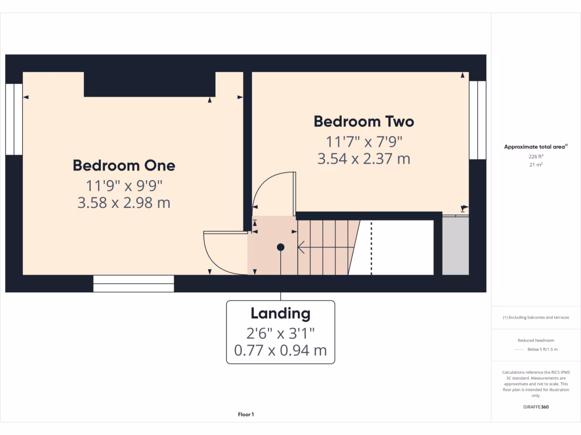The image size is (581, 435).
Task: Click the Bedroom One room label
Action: click(124, 165)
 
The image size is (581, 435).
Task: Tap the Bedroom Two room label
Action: click(364, 121)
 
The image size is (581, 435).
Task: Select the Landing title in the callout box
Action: click(280, 313)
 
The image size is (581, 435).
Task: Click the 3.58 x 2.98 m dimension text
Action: click(124, 202)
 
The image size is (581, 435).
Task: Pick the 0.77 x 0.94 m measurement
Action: click(280, 350)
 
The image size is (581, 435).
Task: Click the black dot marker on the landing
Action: click(280, 247)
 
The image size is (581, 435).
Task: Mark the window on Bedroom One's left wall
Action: click(14, 119)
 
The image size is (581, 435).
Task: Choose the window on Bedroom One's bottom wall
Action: click(133, 283)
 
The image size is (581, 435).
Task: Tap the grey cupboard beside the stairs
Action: click(455, 246)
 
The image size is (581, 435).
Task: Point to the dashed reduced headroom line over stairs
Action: click(371, 247)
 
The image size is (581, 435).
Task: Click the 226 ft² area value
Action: click(535, 157)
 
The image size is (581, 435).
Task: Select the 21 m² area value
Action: click(535, 165)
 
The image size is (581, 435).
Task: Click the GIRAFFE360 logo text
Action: click(535, 407)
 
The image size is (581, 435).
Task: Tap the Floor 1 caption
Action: click(246, 415)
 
